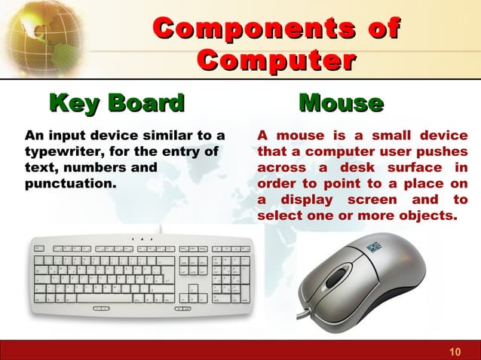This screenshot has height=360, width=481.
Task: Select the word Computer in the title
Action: tap(276, 60)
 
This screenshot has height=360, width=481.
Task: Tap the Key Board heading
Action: tap(116, 103)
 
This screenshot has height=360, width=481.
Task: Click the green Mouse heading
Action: tap(341, 103)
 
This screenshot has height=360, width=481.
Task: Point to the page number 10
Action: tap(454, 352)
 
